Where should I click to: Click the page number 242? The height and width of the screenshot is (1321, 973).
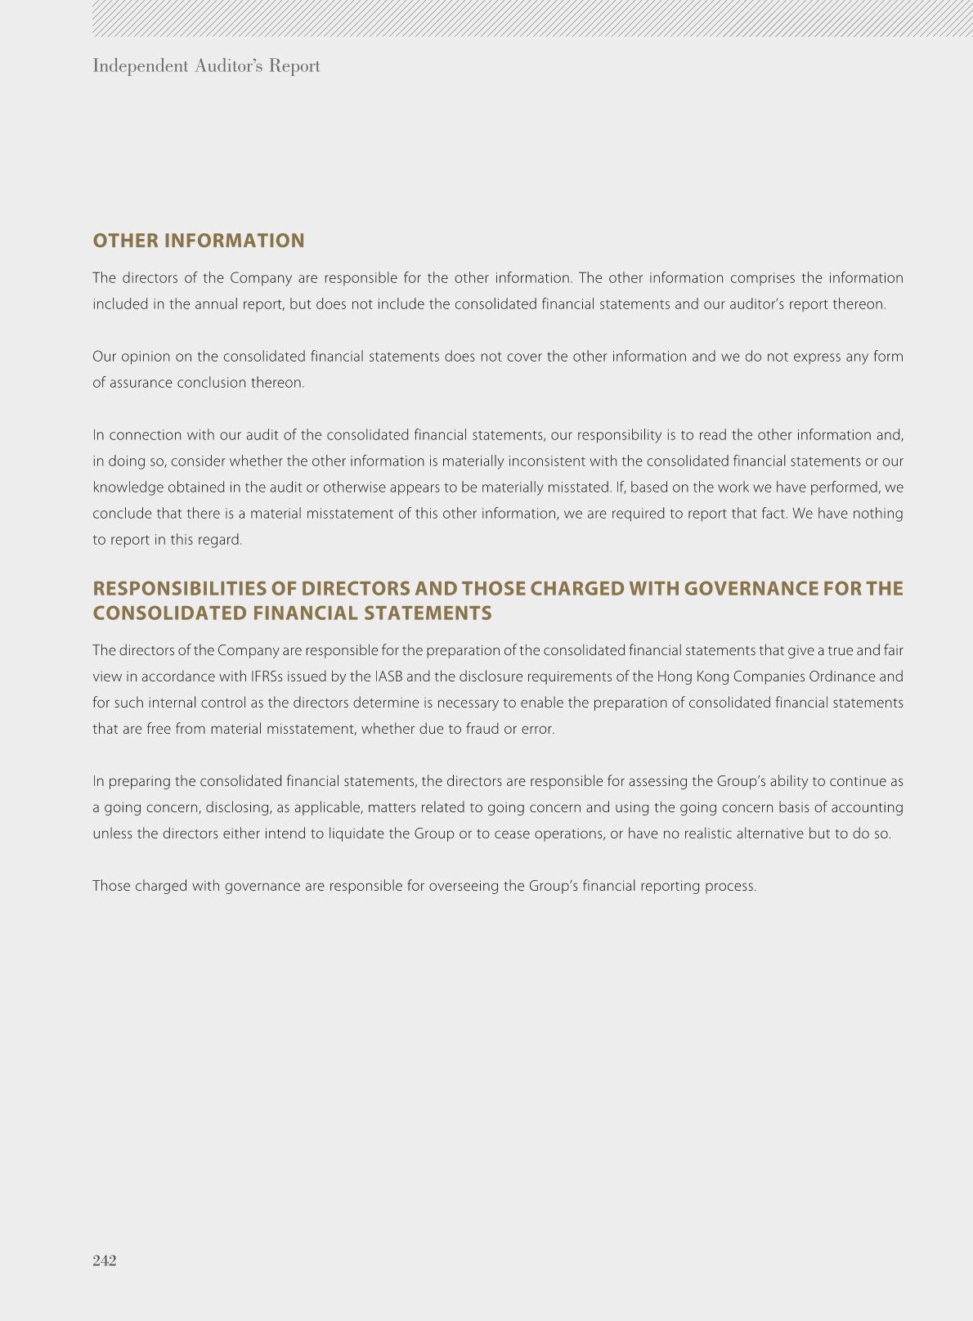point(105,1260)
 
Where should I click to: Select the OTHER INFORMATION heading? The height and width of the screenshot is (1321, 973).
point(199,240)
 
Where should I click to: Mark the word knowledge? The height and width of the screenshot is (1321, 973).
point(128,488)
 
